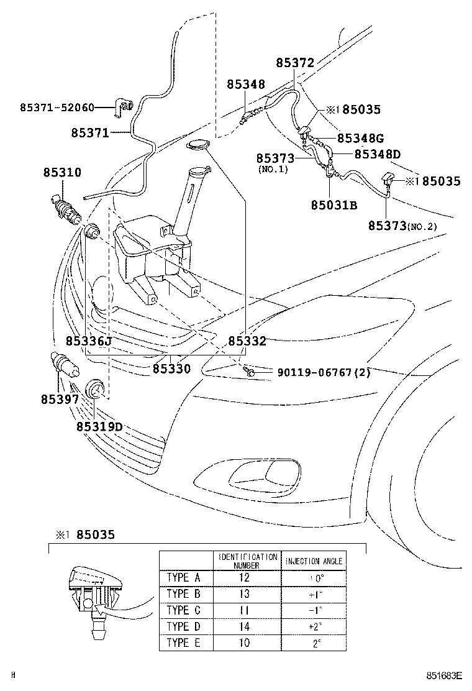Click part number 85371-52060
pyautogui.click(x=57, y=108)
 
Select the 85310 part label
pyautogui.click(x=61, y=172)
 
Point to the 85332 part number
pyautogui.click(x=247, y=341)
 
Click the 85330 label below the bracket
pyautogui.click(x=171, y=368)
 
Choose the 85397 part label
pyautogui.click(x=60, y=400)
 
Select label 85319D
pyautogui.click(x=99, y=426)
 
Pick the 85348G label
pyautogui.click(x=361, y=138)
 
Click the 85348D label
pyautogui.click(x=378, y=153)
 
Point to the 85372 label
pyautogui.click(x=295, y=63)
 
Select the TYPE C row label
pyautogui.click(x=183, y=610)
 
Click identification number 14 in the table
pyautogui.click(x=244, y=626)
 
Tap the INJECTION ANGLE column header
pyautogui.click(x=314, y=561)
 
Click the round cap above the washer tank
pyautogui.click(x=198, y=145)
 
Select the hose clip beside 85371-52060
pyautogui.click(x=125, y=109)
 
